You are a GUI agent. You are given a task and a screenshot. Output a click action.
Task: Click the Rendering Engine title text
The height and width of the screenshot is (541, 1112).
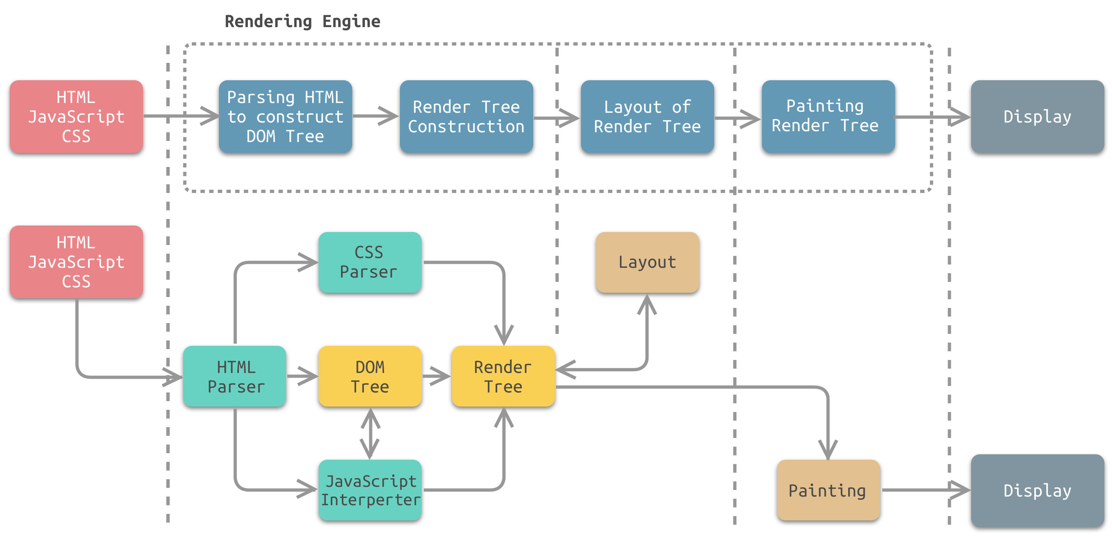tap(302, 21)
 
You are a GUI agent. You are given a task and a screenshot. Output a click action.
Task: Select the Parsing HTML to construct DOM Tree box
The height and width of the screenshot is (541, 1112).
tap(285, 117)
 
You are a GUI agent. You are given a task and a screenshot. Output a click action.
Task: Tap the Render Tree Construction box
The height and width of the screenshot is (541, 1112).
tap(466, 117)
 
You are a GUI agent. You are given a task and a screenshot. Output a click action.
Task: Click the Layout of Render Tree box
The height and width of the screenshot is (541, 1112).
tap(647, 117)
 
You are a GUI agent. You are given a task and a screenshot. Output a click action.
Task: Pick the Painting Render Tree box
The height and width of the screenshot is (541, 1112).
tap(828, 117)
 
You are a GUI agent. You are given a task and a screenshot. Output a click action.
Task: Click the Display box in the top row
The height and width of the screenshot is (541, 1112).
tap(1037, 117)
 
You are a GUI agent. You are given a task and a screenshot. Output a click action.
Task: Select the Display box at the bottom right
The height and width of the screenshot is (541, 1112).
tap(1037, 490)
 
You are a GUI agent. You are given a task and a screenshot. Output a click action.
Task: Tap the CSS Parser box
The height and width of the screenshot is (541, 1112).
tap(370, 262)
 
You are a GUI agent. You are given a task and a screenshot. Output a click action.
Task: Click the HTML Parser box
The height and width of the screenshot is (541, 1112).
tap(234, 377)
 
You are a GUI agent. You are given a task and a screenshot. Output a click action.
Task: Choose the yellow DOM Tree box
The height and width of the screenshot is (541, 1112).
tap(370, 377)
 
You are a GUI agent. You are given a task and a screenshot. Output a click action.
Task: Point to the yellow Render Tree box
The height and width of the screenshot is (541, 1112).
tap(503, 377)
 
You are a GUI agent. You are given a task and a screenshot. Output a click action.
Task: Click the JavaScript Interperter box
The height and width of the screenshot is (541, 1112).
tap(370, 490)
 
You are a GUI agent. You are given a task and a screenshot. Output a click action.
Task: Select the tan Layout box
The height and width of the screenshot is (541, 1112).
tap(647, 262)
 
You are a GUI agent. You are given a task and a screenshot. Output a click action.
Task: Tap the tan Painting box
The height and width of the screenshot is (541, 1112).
tap(828, 490)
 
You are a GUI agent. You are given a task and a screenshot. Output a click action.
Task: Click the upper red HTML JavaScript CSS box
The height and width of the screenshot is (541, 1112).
tap(76, 117)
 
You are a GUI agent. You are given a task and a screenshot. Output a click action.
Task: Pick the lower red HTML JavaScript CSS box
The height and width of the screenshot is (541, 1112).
tap(76, 262)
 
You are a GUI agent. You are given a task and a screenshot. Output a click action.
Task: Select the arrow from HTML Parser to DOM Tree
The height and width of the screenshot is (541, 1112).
tap(302, 376)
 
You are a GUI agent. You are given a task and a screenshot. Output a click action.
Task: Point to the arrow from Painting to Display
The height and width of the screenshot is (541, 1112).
tap(924, 490)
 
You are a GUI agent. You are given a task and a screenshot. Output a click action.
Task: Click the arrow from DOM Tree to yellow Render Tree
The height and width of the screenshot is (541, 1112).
tap(436, 376)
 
